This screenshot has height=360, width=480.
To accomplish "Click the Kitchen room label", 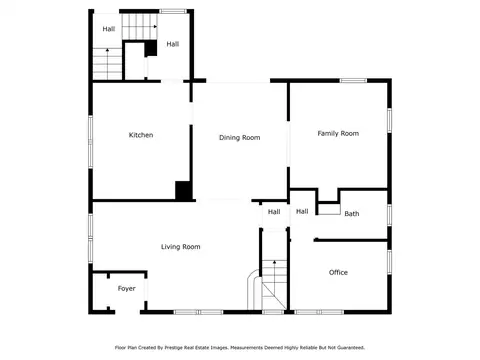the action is pos(141,135).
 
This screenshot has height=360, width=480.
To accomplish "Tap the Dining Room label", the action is pos(239,138).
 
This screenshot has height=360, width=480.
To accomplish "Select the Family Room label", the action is pos(338,134).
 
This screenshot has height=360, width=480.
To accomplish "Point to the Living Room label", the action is pos(181,247).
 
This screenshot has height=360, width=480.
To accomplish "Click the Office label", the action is pos(338,272).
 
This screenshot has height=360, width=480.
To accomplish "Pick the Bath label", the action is pos(352,214).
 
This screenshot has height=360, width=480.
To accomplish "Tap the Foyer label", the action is pos(126,289).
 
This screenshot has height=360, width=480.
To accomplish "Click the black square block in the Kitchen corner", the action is pos(183,191).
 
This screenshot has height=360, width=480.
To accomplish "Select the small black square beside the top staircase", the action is pos(151,48).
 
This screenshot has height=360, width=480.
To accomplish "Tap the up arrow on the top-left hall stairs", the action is pos(107,63).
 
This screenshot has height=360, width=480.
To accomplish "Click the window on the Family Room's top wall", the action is pos(353,80).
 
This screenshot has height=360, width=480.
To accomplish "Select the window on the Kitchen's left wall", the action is pos(90,142).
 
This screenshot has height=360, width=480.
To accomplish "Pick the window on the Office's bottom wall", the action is pos(319,312).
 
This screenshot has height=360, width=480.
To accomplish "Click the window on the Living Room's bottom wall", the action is pos(198,312).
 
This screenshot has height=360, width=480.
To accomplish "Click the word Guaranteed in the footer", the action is pos(351,348).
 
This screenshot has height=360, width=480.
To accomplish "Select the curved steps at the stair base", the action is pos(253,288).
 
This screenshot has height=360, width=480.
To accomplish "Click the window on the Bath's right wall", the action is pos(389,215).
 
